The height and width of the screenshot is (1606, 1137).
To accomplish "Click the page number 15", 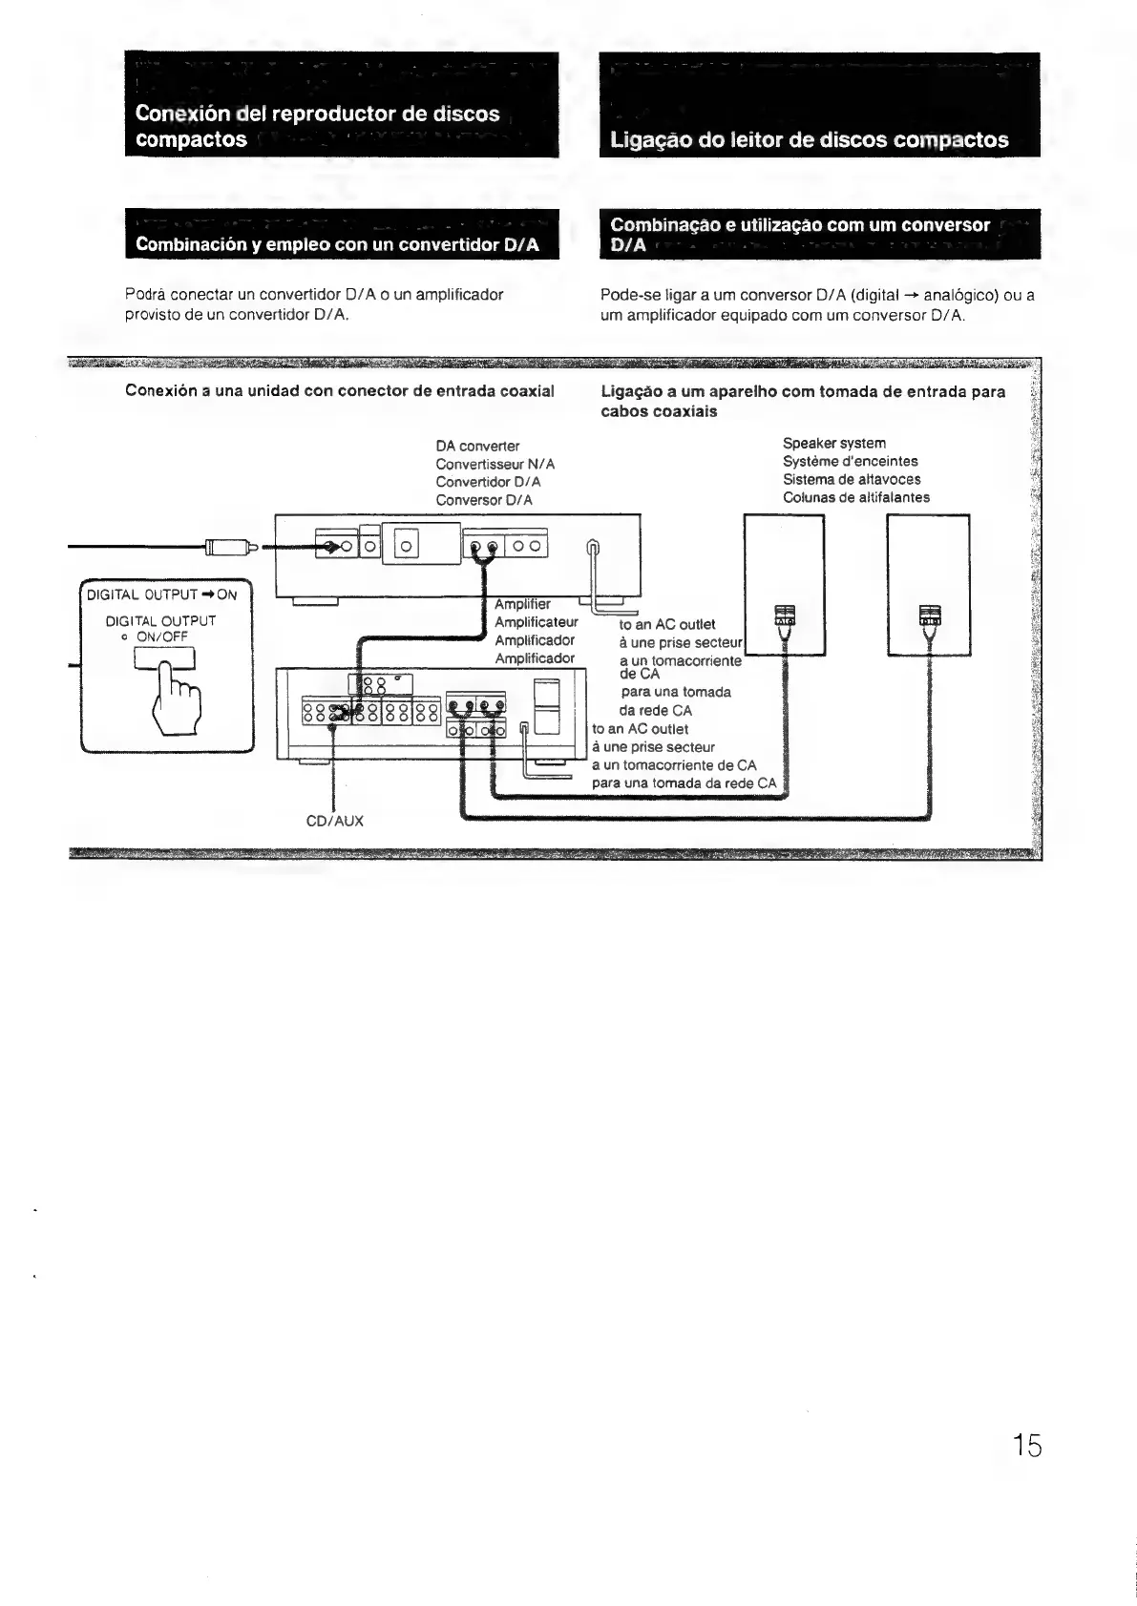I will point(1027,1445).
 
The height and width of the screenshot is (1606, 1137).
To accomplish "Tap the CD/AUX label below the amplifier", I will point(334,821).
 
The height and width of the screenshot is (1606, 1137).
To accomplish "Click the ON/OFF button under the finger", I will point(164,657).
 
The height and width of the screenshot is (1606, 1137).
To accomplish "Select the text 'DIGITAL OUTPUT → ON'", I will point(161,594).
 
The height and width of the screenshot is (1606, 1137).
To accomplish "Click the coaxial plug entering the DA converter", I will point(229,548).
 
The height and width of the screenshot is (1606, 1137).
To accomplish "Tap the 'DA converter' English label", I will point(477,446).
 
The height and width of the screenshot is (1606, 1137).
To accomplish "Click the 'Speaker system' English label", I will point(833,443).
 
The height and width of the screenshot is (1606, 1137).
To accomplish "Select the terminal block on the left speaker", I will point(783,615).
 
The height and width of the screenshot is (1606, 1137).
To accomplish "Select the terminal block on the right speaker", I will point(929,615).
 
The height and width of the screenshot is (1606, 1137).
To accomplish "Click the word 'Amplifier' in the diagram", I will point(522,604).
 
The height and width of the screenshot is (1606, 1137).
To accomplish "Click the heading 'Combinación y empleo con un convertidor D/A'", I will point(337,244).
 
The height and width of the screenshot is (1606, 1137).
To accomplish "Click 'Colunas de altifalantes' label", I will point(855,497).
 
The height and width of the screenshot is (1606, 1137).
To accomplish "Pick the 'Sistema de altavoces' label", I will point(852,479).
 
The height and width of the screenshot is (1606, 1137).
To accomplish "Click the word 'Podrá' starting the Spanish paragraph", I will point(145,295).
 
